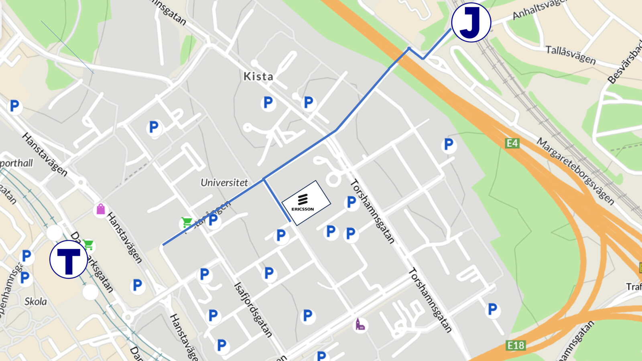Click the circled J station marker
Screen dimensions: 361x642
tap(471, 22)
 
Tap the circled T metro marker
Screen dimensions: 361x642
tap(69, 260)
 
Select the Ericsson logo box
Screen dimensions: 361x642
tap(306, 203)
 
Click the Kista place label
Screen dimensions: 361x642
tap(258, 76)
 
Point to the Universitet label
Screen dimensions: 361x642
tap(224, 183)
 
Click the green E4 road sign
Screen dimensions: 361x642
tap(512, 143)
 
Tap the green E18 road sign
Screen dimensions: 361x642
tap(516, 345)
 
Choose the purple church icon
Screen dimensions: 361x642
tap(360, 324)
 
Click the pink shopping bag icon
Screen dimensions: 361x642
tap(100, 209)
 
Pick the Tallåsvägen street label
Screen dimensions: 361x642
tap(570, 55)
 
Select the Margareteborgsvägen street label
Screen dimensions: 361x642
tap(575, 171)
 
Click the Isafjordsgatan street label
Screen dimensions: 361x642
tap(253, 309)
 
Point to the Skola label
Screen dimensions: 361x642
tap(35, 302)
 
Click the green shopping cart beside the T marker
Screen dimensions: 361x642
tap(88, 244)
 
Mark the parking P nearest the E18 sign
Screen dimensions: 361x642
tap(492, 309)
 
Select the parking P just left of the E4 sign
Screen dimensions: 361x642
tap(449, 144)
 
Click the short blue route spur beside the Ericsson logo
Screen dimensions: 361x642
tap(277, 200)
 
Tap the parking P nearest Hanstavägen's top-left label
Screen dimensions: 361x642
tap(14, 106)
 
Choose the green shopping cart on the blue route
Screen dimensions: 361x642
tap(187, 222)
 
